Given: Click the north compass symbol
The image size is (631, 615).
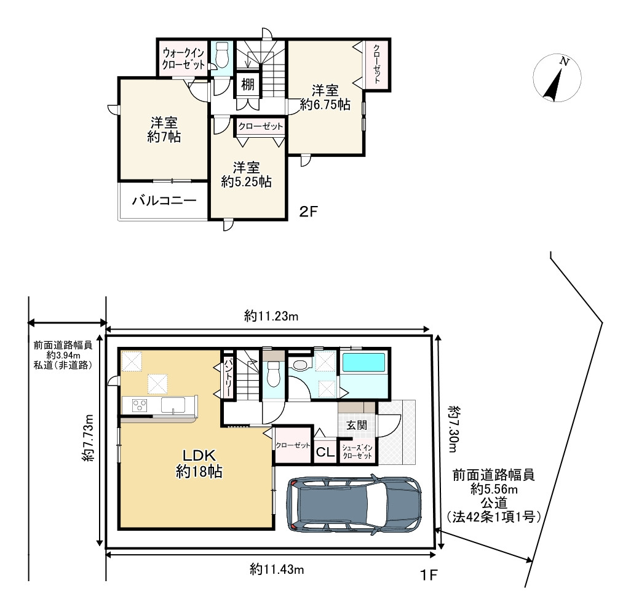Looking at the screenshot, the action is pyautogui.click(x=557, y=78).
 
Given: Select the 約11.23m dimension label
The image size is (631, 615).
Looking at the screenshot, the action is pyautogui.click(x=271, y=316).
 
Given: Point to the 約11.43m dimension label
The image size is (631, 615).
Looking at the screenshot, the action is pyautogui.click(x=277, y=569).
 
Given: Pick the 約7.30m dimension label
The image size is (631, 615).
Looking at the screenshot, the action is pyautogui.click(x=453, y=429).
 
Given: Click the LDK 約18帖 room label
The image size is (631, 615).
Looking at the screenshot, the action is pyautogui.click(x=199, y=463).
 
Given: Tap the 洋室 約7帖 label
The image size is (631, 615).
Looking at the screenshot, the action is pyautogui.click(x=164, y=130).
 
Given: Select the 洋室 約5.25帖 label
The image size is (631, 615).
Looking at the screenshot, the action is pyautogui.click(x=246, y=174).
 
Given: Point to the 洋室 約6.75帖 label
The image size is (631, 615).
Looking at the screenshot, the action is pyautogui.click(x=325, y=97).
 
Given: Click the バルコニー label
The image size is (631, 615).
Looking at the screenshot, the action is pyautogui.click(x=164, y=200).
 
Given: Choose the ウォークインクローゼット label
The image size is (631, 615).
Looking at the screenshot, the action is pyautogui.click(x=183, y=59).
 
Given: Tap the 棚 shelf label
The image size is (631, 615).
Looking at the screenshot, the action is pyautogui.click(x=247, y=84).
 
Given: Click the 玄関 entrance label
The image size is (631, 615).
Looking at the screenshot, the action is pyautogui.click(x=357, y=425).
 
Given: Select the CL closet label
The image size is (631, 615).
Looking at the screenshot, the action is pyautogui.click(x=325, y=451).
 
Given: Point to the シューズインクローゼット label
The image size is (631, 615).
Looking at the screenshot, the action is pyautogui.click(x=357, y=452).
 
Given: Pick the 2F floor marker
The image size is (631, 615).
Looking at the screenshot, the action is pyautogui.click(x=309, y=212).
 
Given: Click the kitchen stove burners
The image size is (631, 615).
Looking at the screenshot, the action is pyautogui.click(x=140, y=405).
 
